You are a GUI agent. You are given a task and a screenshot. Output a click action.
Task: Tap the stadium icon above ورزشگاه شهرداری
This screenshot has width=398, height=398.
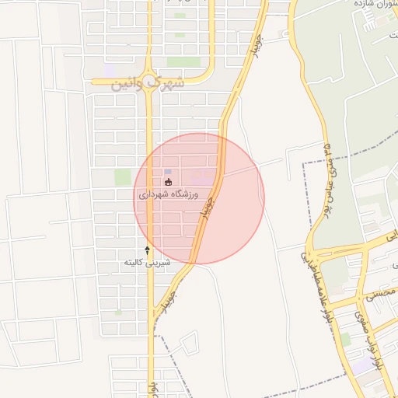click(x=169, y=183)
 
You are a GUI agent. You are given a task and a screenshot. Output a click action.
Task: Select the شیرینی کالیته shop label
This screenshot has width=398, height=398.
click(x=146, y=263)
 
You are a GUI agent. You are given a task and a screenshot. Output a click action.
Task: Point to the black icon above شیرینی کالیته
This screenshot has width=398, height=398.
click(x=147, y=250)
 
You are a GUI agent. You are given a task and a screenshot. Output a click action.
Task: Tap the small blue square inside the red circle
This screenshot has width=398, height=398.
click(x=168, y=171)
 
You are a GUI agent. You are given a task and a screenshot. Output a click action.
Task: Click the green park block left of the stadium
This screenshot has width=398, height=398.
click(x=122, y=177)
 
